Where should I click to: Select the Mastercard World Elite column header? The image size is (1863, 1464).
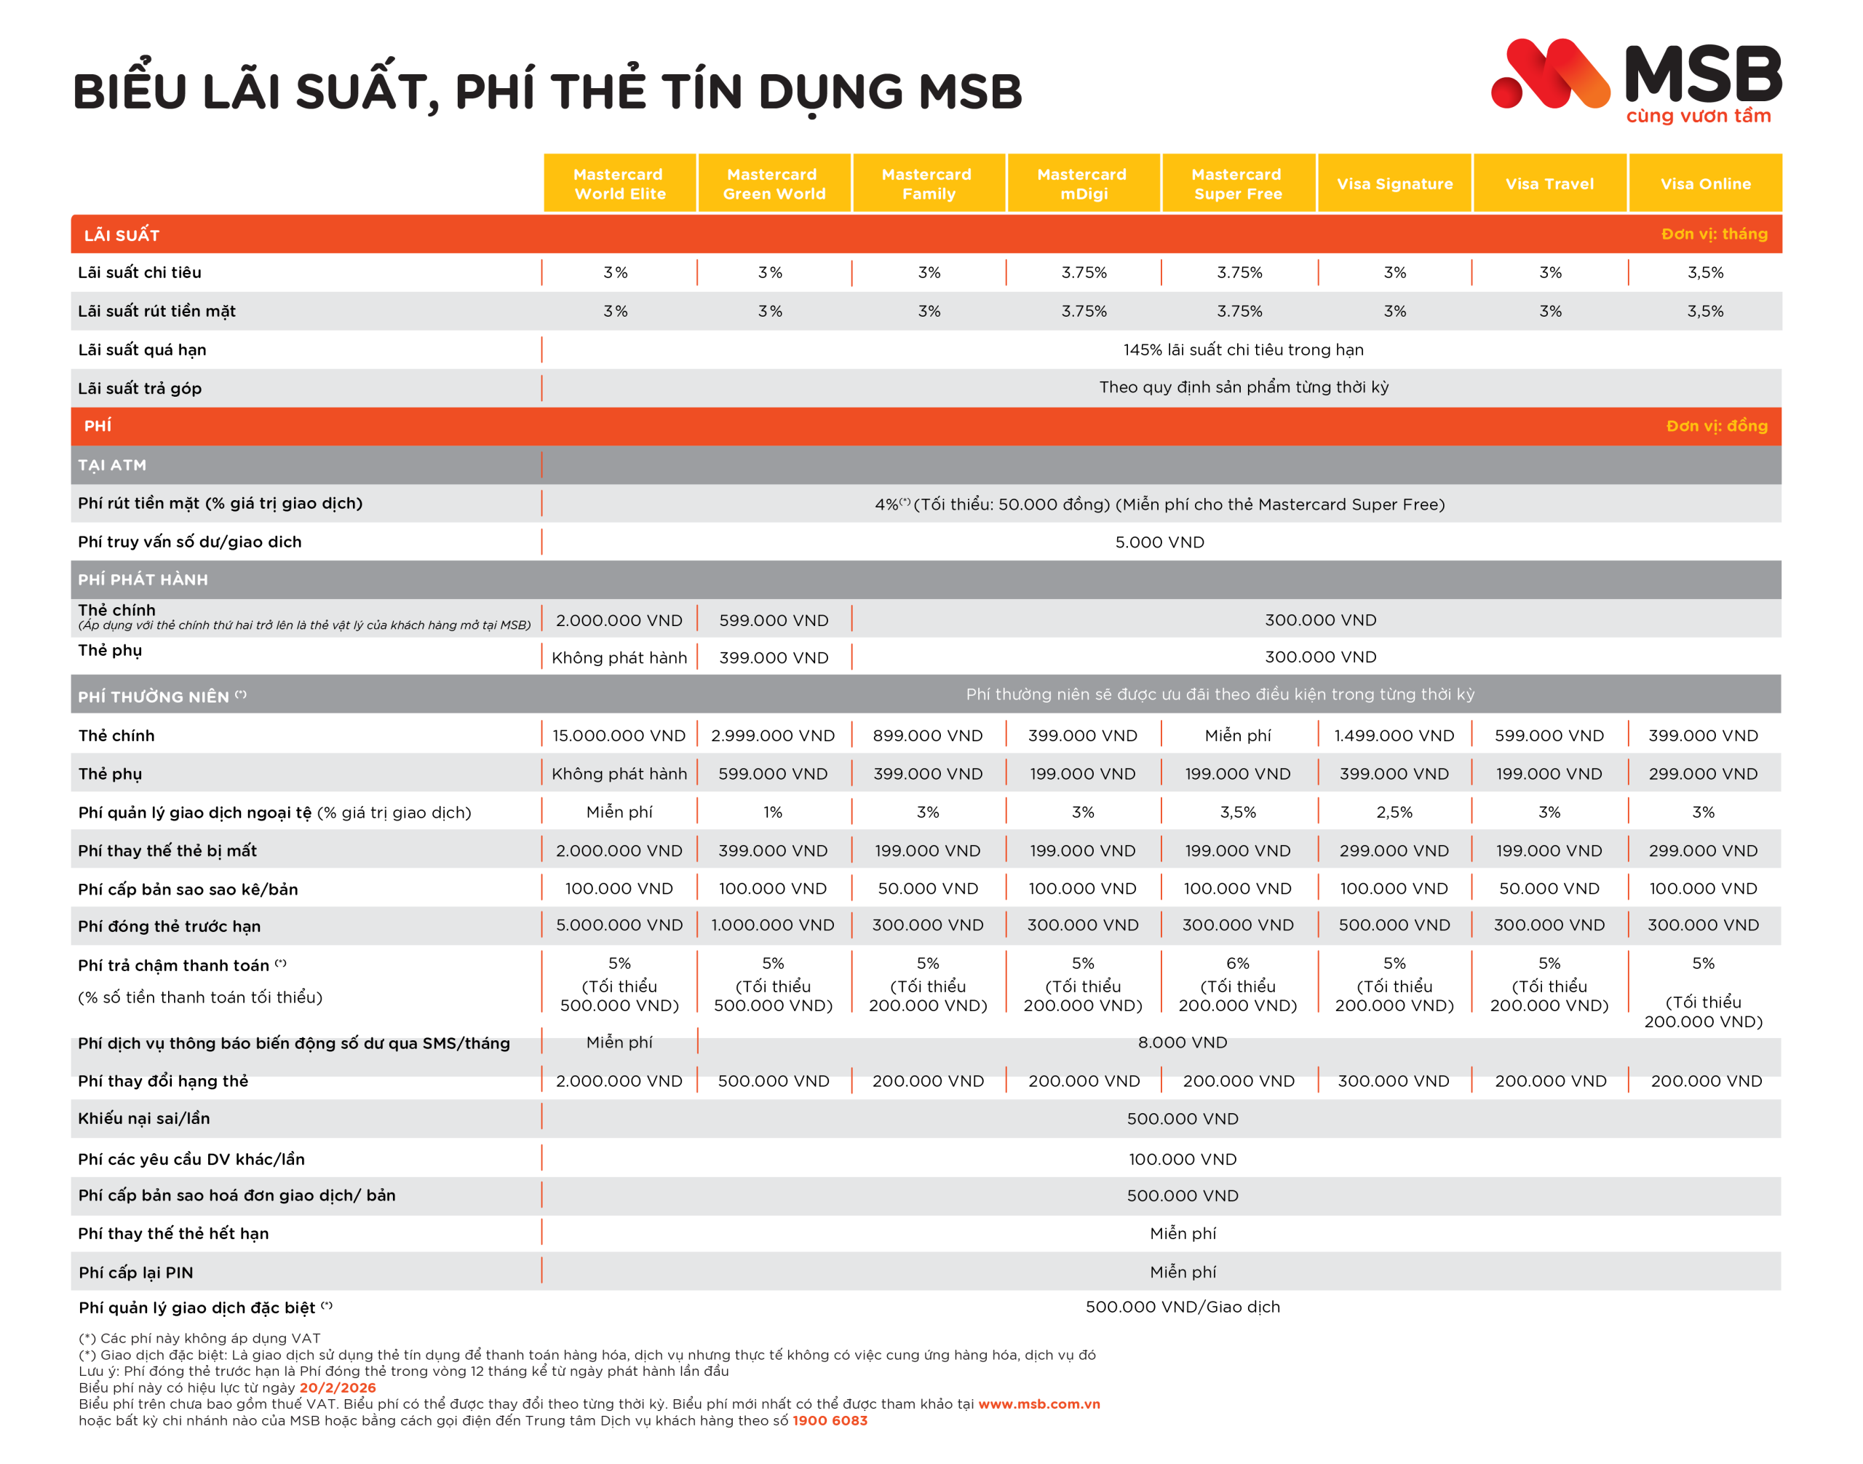tap(619, 183)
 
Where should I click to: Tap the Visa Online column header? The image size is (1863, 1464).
tap(1704, 183)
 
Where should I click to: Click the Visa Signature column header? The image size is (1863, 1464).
tap(1394, 183)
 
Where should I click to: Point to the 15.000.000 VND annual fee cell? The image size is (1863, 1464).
tap(619, 735)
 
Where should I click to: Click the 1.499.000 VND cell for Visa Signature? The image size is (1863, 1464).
tap(1394, 735)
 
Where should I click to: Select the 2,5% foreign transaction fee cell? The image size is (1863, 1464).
tap(1394, 812)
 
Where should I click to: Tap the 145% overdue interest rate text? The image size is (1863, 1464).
tap(1242, 349)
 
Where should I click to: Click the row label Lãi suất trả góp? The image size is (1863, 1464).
tap(140, 388)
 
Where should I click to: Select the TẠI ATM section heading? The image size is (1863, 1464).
tap(112, 465)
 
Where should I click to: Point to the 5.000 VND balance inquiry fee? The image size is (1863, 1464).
tap(1159, 542)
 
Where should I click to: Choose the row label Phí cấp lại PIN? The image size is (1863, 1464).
tap(135, 1272)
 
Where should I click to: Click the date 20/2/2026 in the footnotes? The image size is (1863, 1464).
tap(337, 1388)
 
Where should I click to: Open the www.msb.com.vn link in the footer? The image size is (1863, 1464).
tap(1038, 1404)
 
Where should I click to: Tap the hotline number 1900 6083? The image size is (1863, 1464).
tap(830, 1420)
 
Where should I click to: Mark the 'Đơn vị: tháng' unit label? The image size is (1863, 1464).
tap(1713, 234)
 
